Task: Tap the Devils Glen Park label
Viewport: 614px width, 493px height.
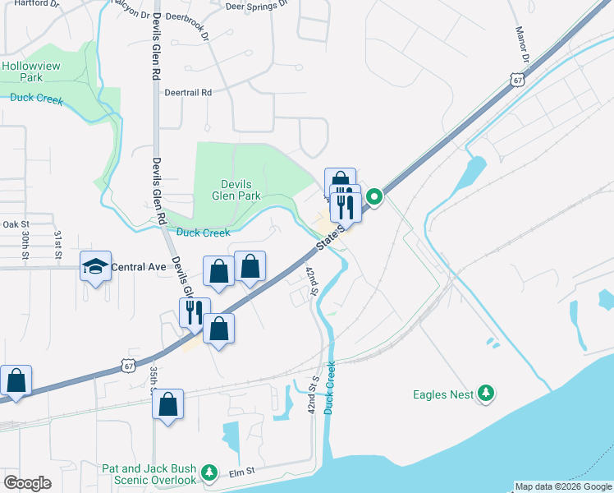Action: click(x=236, y=190)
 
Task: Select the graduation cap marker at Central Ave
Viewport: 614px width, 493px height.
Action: click(x=95, y=266)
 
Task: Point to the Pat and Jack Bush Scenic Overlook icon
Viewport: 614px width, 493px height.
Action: click(x=210, y=472)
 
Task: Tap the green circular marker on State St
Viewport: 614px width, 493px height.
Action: click(x=373, y=196)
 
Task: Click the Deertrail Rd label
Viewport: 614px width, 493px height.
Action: click(x=187, y=93)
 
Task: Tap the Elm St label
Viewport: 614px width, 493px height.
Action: click(x=243, y=472)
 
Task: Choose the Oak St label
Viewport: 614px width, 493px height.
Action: click(x=16, y=223)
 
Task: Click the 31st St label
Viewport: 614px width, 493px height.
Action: click(x=58, y=245)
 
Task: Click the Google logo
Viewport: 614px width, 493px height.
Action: click(x=27, y=483)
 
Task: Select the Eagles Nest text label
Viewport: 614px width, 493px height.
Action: click(x=443, y=394)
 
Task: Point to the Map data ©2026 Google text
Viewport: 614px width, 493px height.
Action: click(x=563, y=486)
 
